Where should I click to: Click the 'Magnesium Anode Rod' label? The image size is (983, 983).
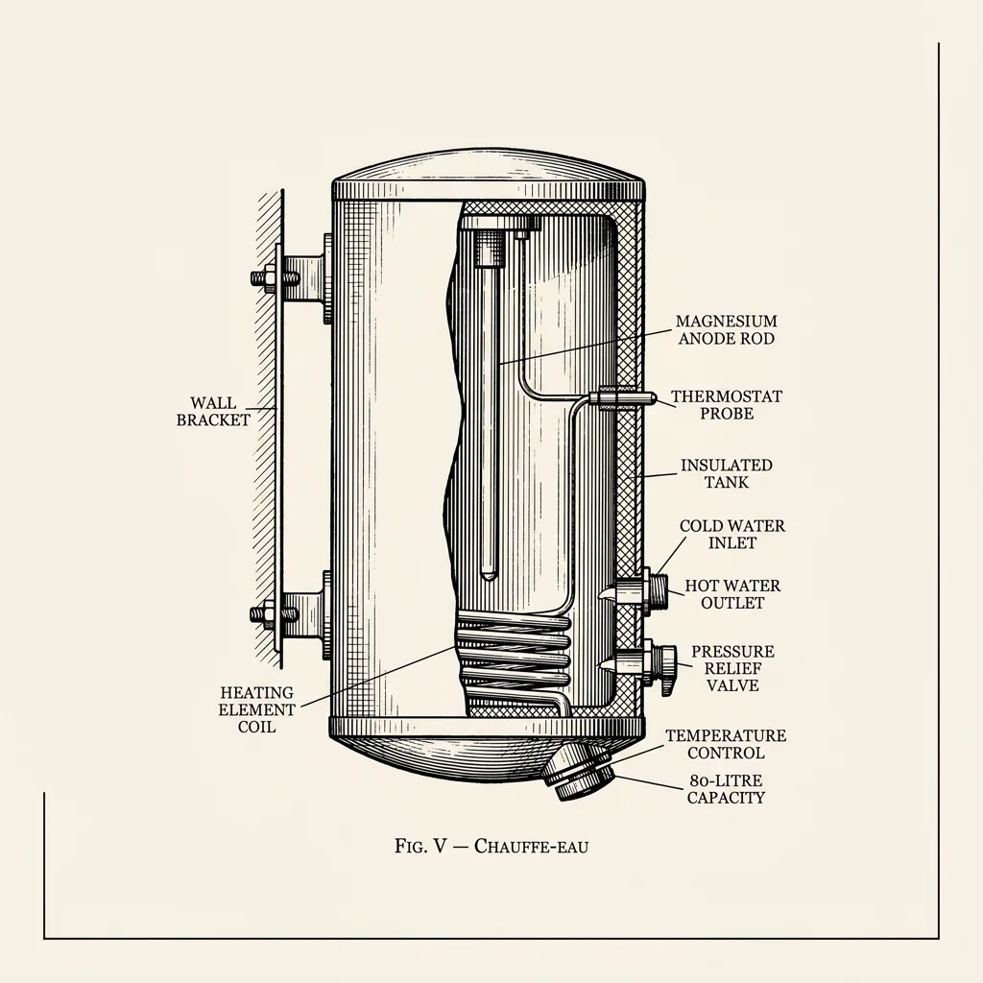[x=726, y=329]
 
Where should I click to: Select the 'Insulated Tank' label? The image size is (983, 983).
[x=727, y=473]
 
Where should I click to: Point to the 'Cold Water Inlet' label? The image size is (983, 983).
[x=731, y=535]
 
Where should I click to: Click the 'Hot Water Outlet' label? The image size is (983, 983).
[x=732, y=594]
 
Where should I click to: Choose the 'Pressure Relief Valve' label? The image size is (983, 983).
[x=732, y=668]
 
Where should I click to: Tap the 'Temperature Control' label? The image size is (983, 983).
[x=726, y=744]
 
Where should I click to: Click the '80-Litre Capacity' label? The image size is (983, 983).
[x=726, y=789]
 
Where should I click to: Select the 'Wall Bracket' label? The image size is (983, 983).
[x=213, y=411]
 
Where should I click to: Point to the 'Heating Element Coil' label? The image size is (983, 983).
[x=256, y=709]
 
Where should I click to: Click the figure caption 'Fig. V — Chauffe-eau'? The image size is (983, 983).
[x=491, y=846]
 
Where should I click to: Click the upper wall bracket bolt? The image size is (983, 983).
[x=264, y=279]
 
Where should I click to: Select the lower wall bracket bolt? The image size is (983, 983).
[x=263, y=612]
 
